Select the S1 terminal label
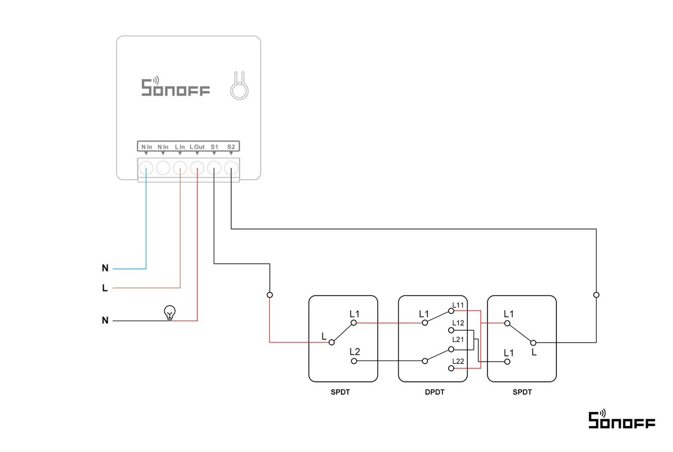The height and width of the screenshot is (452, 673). click(214, 147)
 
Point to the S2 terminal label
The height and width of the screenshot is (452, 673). click(231, 147)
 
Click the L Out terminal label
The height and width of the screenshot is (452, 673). click(197, 147)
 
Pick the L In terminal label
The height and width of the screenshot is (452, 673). click(180, 147)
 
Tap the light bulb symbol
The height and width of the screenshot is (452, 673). click(169, 312)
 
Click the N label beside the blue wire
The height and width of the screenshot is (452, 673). click(105, 268)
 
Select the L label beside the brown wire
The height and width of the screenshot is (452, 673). click(105, 289)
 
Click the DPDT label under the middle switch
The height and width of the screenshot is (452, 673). click(434, 392)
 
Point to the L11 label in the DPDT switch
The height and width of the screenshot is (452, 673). click(458, 305)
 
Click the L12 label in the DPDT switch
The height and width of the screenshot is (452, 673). click(458, 323)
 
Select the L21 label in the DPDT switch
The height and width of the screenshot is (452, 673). click(458, 340)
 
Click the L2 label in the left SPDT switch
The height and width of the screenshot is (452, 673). click(354, 351)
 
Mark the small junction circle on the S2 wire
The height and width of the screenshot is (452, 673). click(596, 294)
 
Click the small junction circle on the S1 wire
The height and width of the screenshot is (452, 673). click(270, 294)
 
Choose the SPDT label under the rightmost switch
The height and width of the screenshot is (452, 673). click(522, 392)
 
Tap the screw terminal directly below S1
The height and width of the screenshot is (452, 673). click(214, 167)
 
